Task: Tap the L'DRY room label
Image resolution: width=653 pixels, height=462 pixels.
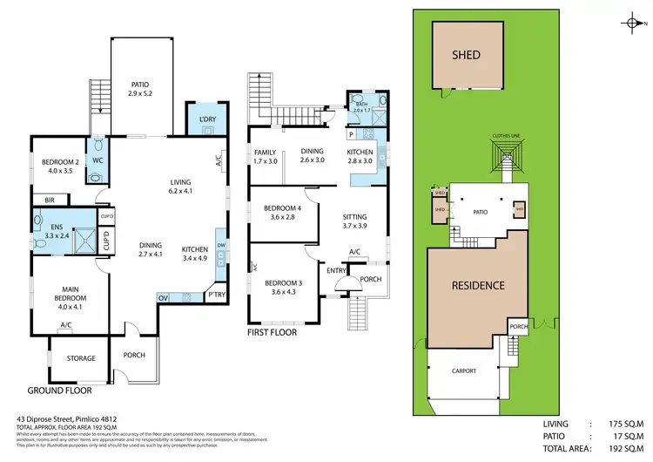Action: (x=207, y=119)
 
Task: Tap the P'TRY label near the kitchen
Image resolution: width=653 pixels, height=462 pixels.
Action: (x=215, y=296)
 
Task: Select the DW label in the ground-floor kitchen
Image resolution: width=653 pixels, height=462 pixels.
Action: (x=222, y=245)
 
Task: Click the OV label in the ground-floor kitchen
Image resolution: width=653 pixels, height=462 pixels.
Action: (x=163, y=297)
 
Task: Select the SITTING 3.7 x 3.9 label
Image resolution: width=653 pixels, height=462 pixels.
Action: (x=354, y=221)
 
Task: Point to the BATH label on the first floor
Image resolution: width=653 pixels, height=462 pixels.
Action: (x=361, y=105)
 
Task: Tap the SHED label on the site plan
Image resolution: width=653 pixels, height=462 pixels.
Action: (x=467, y=55)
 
